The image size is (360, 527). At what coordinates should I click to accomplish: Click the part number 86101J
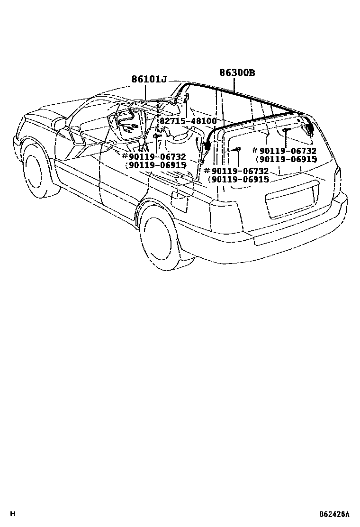149,80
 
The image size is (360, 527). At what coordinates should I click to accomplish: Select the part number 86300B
237,73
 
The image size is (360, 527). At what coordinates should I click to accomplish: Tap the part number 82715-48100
188,121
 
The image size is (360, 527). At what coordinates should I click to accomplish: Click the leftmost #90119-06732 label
153,157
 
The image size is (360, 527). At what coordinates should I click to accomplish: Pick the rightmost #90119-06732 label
285,151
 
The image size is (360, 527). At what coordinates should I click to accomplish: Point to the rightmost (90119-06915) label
287,159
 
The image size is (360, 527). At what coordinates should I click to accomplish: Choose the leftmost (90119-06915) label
155,165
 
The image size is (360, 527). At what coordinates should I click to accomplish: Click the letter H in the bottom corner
13,514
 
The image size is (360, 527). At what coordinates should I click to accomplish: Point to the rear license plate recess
291,201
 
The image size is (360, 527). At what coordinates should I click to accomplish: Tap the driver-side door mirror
60,124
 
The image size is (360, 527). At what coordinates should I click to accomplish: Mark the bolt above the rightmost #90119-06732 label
285,130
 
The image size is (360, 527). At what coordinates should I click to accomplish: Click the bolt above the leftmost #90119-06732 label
157,136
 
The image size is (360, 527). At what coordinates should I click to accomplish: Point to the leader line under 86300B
234,84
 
